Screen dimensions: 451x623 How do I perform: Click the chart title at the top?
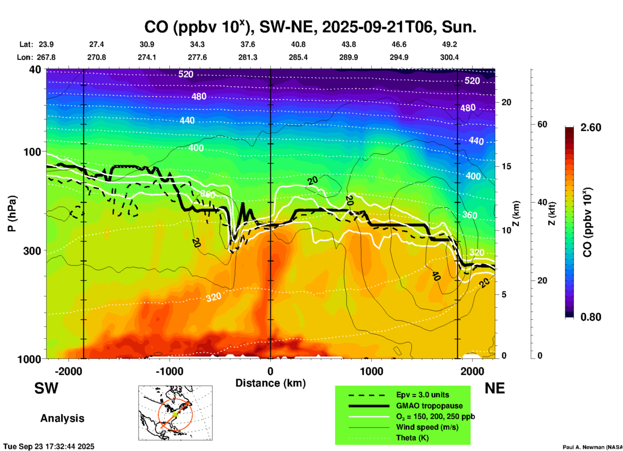(x=310, y=27)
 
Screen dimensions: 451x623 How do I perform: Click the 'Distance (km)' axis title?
(x=270, y=383)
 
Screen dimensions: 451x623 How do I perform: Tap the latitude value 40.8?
(x=298, y=44)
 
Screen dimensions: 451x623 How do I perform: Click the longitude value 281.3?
(x=248, y=57)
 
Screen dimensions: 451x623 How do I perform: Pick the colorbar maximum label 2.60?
(x=591, y=127)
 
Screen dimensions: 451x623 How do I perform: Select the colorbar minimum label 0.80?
(x=591, y=317)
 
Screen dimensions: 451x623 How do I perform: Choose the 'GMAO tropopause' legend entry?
(x=429, y=406)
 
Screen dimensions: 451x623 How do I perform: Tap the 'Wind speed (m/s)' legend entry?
(x=427, y=427)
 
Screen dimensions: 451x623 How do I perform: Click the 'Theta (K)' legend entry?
(x=412, y=438)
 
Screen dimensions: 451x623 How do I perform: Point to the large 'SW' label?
(x=46, y=388)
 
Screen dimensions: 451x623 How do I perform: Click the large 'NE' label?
(x=495, y=388)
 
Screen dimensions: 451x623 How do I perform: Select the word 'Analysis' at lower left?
(x=62, y=418)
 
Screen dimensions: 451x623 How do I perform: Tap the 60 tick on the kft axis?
(x=542, y=125)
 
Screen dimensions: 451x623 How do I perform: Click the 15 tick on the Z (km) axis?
(x=506, y=166)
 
